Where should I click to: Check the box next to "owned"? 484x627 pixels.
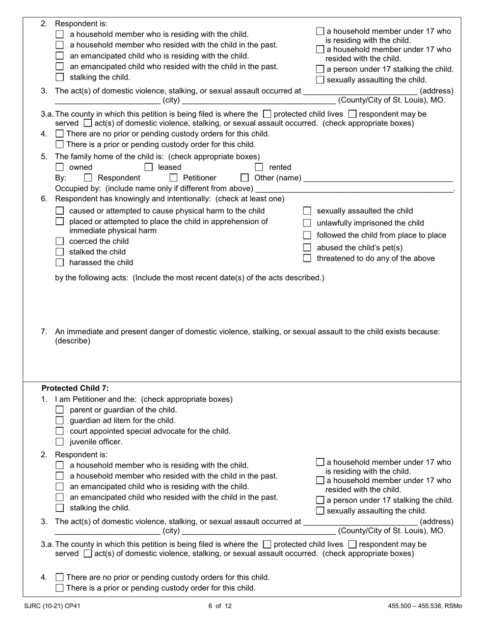point(60,167)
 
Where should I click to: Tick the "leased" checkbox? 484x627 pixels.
point(149,167)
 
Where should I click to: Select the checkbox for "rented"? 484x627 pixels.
point(259,167)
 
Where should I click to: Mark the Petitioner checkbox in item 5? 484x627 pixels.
point(173,178)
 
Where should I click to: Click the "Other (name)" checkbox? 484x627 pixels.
point(245,178)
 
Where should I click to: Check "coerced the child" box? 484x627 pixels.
point(60,242)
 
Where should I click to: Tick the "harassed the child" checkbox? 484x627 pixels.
point(60,263)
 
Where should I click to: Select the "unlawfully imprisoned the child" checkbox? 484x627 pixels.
point(307,223)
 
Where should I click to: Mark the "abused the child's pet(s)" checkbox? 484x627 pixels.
point(307,248)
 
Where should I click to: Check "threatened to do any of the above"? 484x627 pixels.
point(307,258)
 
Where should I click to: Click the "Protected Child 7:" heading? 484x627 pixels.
point(75,388)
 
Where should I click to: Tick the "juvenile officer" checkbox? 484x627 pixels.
point(60,442)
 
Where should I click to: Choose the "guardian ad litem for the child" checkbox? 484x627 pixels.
point(60,421)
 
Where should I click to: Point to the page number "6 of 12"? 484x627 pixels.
point(220,606)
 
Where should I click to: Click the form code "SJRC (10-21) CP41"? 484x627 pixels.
point(52,606)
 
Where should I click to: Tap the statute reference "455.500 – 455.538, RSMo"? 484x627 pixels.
point(424,606)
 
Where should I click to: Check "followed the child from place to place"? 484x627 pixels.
point(307,236)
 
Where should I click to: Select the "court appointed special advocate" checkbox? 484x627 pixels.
point(60,431)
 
